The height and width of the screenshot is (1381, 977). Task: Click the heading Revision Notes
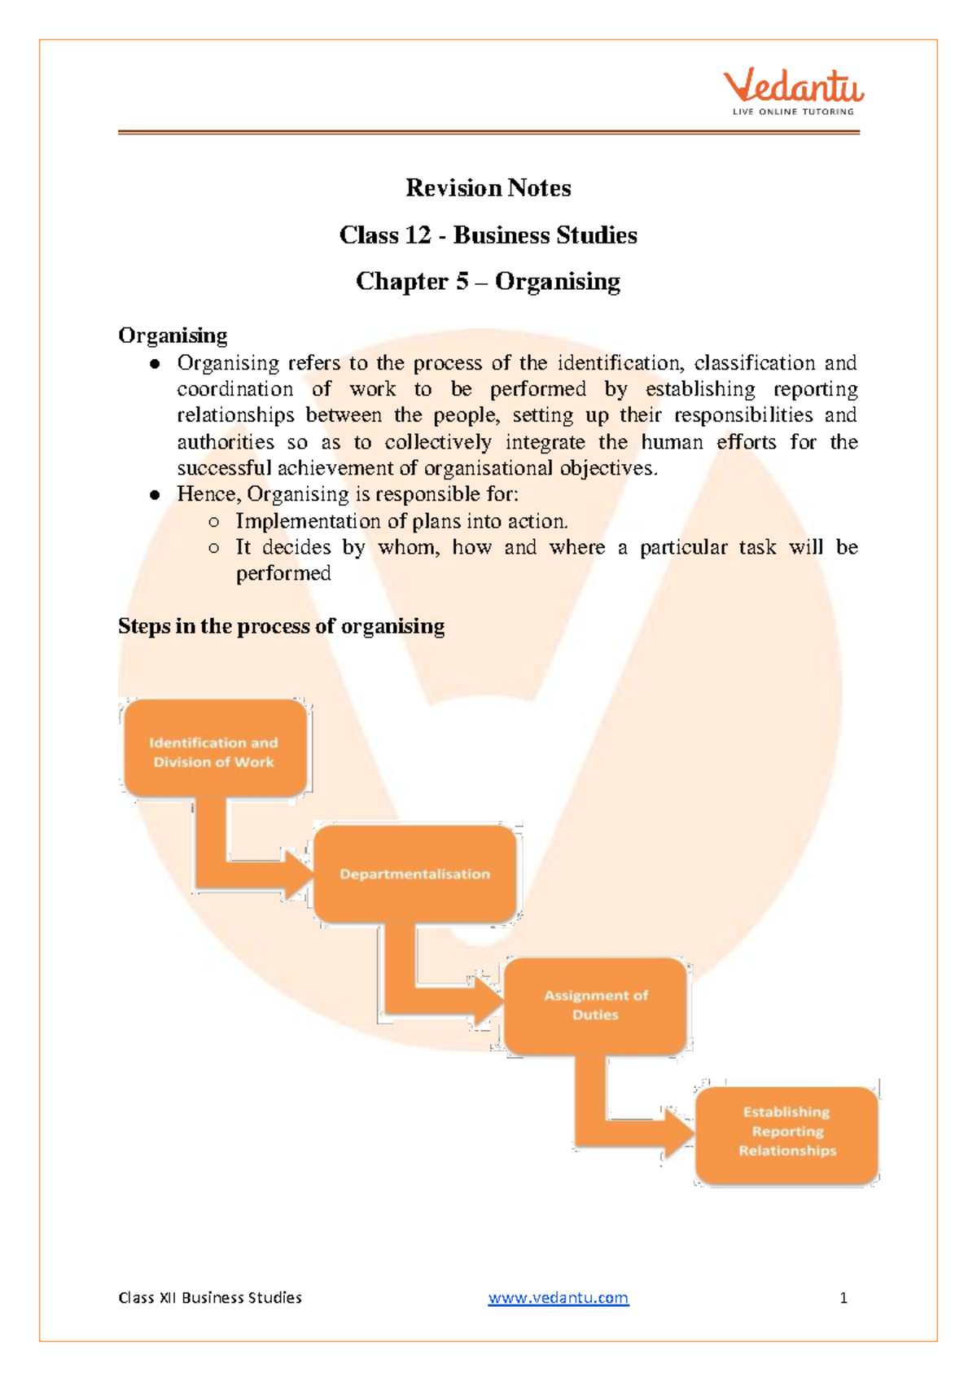[x=488, y=188]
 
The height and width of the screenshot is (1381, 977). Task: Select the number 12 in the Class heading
[x=417, y=235]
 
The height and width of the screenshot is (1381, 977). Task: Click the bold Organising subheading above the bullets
[x=173, y=335]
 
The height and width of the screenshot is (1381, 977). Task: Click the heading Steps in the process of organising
[x=281, y=626]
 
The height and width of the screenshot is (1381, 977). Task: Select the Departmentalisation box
[x=415, y=874]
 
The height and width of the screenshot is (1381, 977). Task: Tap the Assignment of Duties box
[x=596, y=1006]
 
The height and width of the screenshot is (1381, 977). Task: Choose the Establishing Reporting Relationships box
[x=787, y=1132]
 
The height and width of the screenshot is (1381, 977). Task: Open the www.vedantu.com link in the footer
[x=558, y=1298]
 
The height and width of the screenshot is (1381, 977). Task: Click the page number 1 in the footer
[x=843, y=1298]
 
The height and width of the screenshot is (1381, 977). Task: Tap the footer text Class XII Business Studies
[x=210, y=1298]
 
